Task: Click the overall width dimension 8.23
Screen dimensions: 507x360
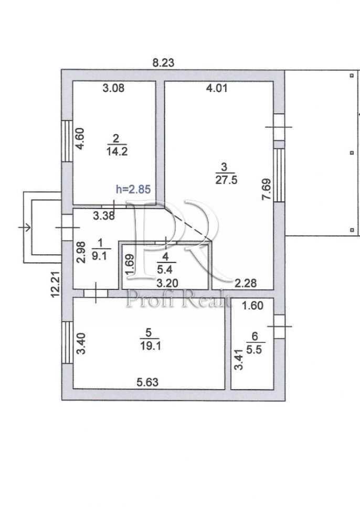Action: [163, 63]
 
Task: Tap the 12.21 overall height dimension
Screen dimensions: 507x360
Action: [54, 284]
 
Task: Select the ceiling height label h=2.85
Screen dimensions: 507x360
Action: [133, 190]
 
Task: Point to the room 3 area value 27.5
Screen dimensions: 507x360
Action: [224, 179]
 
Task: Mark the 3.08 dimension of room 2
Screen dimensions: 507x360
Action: [113, 89]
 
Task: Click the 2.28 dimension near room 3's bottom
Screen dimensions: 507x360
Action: [245, 283]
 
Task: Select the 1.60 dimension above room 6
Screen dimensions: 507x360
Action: [252, 306]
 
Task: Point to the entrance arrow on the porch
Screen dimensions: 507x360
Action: [25, 227]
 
